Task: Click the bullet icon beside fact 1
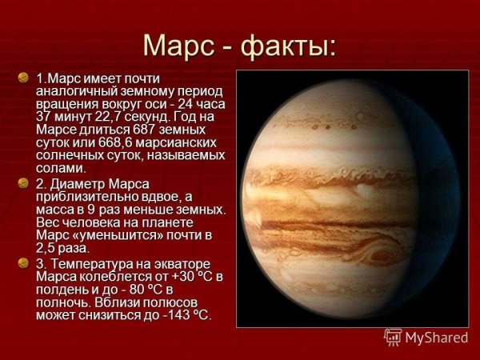tap(23, 77)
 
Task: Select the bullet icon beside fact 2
tap(23, 183)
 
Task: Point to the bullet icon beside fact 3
tap(23, 262)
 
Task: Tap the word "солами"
tap(61, 168)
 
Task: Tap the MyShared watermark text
tap(437, 338)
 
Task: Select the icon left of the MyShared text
tap(393, 337)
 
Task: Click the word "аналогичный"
tap(76, 90)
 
